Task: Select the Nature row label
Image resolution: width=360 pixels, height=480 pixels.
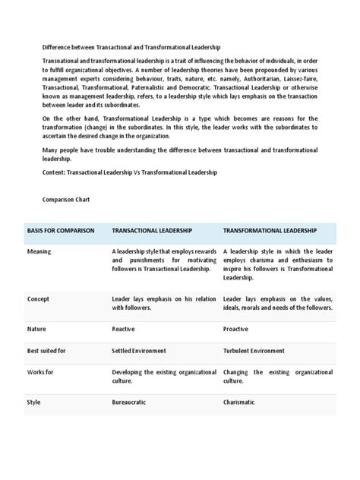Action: (x=36, y=330)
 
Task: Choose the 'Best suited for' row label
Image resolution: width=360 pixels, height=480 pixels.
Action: (x=46, y=351)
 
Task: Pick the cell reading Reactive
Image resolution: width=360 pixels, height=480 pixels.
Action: (x=125, y=330)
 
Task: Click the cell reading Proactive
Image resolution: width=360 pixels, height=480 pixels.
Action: (x=237, y=330)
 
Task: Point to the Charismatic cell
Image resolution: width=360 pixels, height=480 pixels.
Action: (x=239, y=402)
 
